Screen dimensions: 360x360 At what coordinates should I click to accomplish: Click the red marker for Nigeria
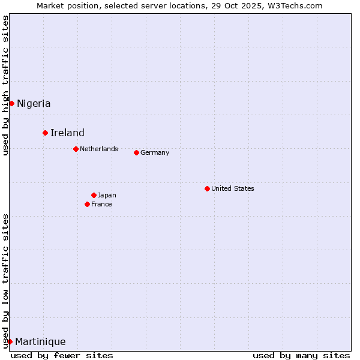tap(11, 103)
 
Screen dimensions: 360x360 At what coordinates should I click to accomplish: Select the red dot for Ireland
tap(45, 133)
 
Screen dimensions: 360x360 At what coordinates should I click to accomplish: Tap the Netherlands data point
tap(76, 149)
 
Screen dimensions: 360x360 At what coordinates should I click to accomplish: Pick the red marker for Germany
tap(136, 152)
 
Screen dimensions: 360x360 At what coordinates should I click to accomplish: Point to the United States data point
tap(207, 188)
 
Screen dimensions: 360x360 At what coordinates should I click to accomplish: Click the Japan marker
tap(94, 195)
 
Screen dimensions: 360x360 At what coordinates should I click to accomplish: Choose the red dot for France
tap(87, 204)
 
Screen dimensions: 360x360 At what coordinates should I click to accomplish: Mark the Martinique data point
tap(10, 341)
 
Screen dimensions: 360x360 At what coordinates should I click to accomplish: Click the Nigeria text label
tap(34, 103)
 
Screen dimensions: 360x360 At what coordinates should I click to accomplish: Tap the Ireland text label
tap(67, 133)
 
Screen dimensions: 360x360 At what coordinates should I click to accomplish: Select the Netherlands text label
tap(99, 149)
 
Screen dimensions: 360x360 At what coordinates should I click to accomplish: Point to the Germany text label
tap(155, 152)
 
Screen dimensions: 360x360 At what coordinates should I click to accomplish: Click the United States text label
tap(233, 188)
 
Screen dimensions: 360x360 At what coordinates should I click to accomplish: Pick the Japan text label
tap(107, 195)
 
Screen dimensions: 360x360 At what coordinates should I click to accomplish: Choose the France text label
tap(101, 204)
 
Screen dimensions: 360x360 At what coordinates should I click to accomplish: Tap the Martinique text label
tap(40, 341)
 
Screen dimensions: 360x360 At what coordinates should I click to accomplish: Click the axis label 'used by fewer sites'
tap(62, 355)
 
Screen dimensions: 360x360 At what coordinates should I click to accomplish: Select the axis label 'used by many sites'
tap(301, 355)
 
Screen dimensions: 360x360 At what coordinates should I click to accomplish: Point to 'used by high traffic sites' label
tap(5, 85)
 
